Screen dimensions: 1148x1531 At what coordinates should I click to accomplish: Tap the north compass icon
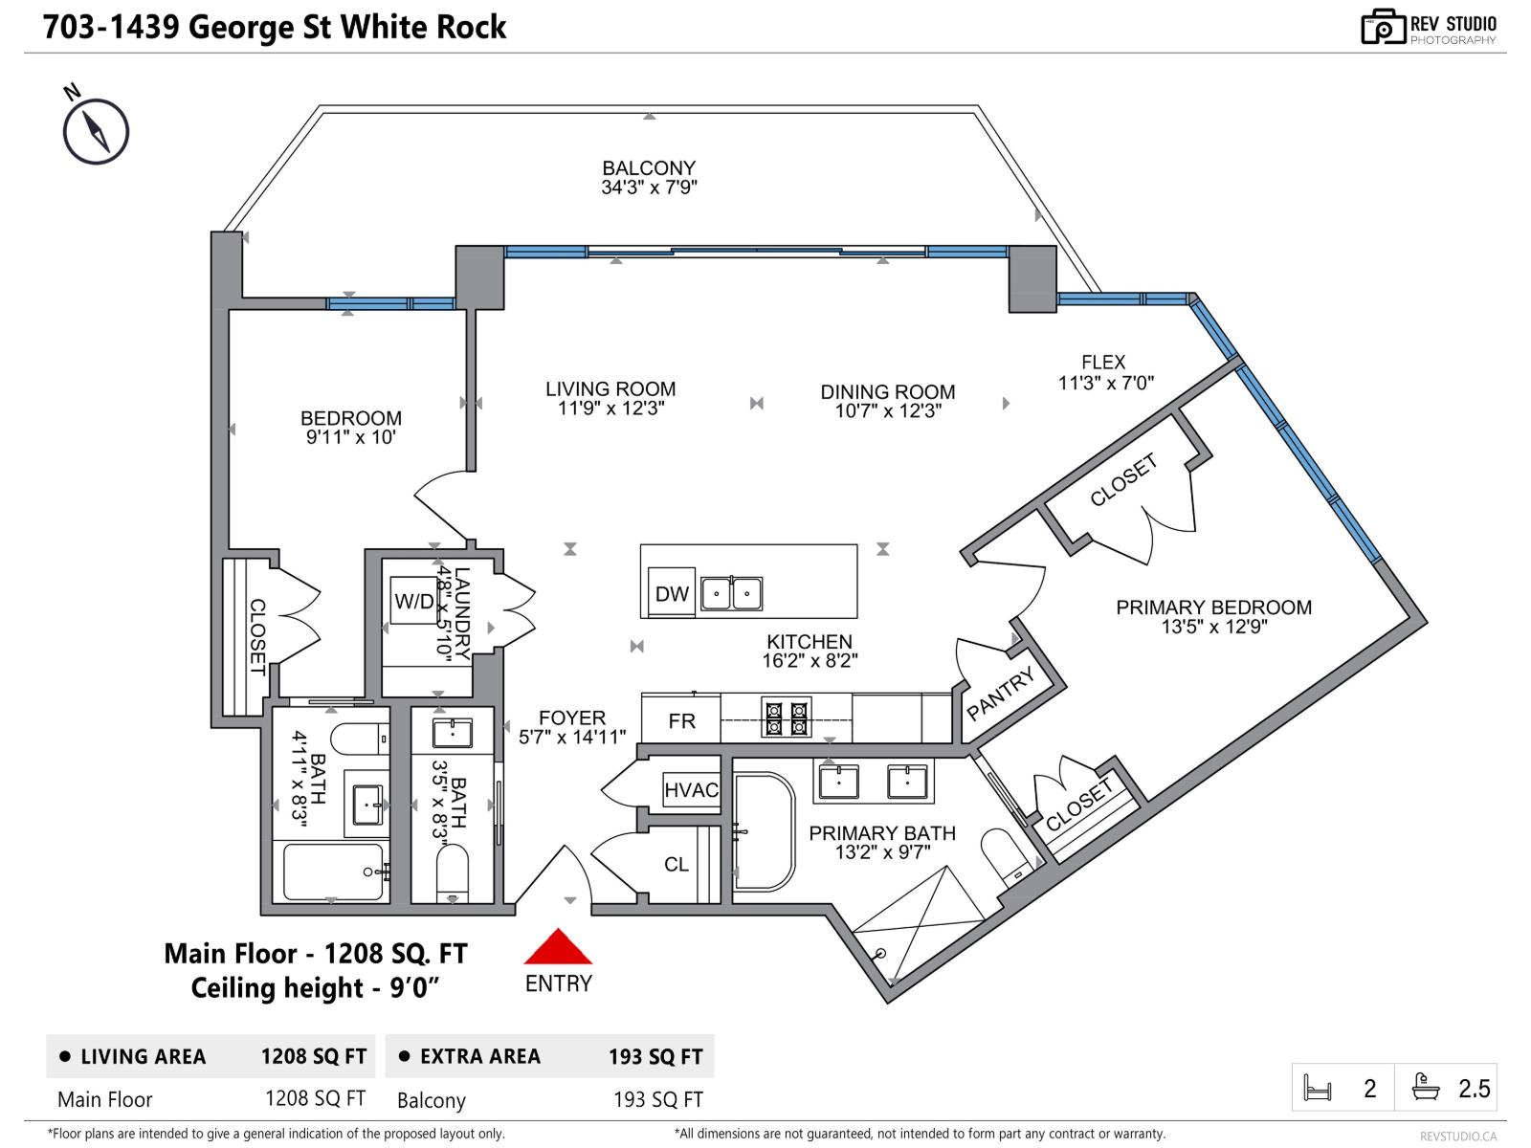(x=96, y=131)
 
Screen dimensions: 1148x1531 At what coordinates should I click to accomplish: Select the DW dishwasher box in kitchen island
(x=672, y=593)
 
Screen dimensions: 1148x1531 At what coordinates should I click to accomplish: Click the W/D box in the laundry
(x=414, y=601)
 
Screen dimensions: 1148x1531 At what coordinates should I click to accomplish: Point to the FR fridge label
(x=681, y=721)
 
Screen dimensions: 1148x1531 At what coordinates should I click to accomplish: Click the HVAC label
(x=691, y=790)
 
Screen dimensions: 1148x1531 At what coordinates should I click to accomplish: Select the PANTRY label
(x=1001, y=694)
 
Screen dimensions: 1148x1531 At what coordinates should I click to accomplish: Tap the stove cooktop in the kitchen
(x=786, y=717)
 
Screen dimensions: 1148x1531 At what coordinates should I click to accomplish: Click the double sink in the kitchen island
(x=731, y=594)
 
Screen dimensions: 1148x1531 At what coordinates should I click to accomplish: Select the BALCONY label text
(x=649, y=168)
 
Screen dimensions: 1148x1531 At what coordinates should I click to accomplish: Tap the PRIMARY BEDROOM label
(x=1213, y=607)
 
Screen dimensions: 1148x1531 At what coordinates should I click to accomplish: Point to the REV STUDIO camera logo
(x=1383, y=27)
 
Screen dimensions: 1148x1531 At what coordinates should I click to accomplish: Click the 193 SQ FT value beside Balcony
(x=657, y=1100)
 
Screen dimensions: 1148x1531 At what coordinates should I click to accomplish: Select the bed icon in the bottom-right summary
(x=1318, y=1089)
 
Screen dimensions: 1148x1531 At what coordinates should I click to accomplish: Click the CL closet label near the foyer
(x=677, y=865)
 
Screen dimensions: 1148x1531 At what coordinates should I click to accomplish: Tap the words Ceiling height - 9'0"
(x=315, y=988)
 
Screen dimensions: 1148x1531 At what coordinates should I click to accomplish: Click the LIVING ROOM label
(x=610, y=389)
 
